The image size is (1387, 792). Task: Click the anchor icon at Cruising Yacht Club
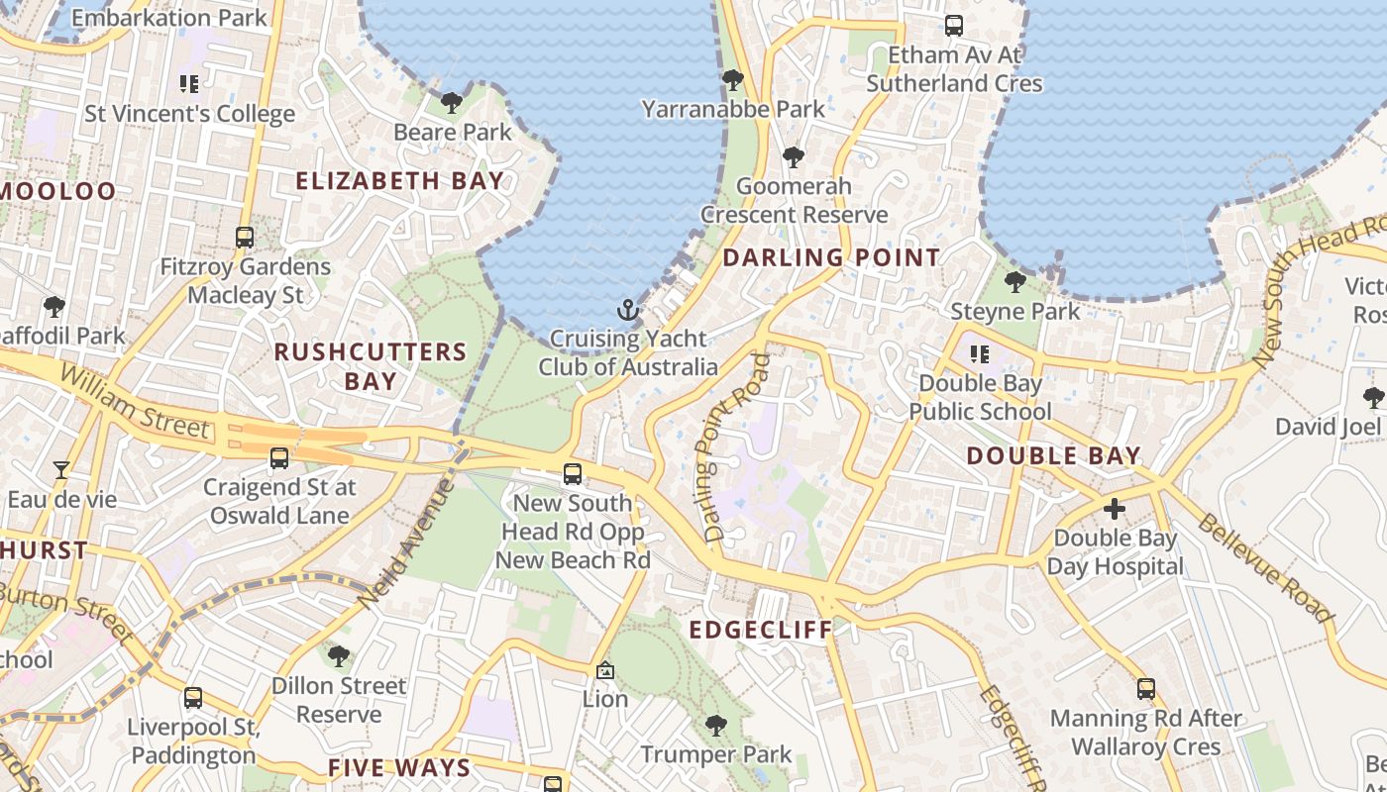(x=627, y=311)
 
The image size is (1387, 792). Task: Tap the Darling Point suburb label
(x=831, y=258)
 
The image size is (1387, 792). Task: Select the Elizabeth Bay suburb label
(x=400, y=181)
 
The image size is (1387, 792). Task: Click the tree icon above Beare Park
(x=452, y=102)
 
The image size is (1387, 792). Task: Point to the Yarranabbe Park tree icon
(x=733, y=79)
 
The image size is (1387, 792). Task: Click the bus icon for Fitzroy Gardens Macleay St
(x=245, y=238)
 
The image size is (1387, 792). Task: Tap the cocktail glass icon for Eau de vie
(x=61, y=469)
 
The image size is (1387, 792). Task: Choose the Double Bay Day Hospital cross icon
(x=1115, y=509)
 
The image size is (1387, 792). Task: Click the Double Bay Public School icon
(x=980, y=353)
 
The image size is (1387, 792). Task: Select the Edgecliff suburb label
(x=761, y=630)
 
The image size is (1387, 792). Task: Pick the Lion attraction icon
(x=605, y=670)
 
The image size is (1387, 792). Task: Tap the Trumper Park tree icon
(x=716, y=726)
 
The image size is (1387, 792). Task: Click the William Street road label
(x=135, y=401)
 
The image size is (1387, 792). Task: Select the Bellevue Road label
(x=1266, y=569)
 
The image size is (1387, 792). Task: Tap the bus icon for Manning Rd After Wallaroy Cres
(x=1146, y=688)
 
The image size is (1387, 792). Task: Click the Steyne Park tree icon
(x=1015, y=282)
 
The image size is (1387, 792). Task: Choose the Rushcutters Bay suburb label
(x=371, y=366)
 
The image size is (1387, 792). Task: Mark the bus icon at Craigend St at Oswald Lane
(x=279, y=457)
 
